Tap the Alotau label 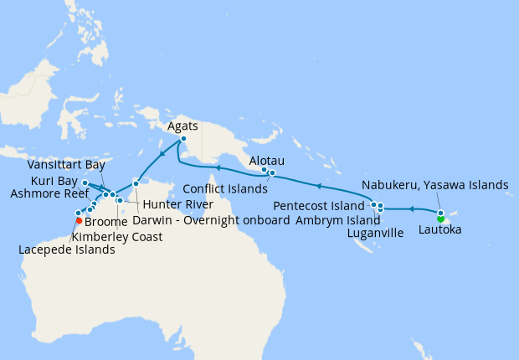click(x=268, y=158)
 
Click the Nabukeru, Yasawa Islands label click(x=435, y=185)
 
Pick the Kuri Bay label click(x=54, y=180)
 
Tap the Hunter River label click(x=176, y=204)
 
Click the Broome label click(x=105, y=221)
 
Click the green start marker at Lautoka click(x=441, y=219)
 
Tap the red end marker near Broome click(x=78, y=221)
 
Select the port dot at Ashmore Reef click(x=85, y=182)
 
